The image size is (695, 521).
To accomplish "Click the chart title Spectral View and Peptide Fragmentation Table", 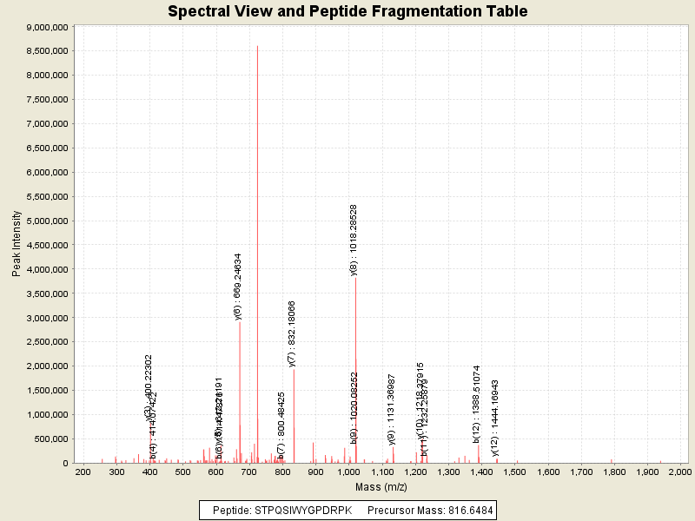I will coord(347,11).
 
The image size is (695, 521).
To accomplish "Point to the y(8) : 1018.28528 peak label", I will coord(354,240).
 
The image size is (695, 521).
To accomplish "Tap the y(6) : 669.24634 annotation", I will coord(238,287).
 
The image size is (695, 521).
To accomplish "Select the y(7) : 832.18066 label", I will coord(292,333).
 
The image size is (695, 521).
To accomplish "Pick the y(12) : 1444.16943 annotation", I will coord(495,418).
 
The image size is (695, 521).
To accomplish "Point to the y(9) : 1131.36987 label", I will coord(392,409).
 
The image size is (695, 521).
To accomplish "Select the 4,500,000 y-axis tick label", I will coord(46,245).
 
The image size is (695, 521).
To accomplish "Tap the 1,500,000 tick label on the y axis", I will coord(46,391).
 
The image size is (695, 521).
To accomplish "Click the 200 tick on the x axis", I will coord(83,472).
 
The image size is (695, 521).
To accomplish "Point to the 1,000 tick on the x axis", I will coord(348,472).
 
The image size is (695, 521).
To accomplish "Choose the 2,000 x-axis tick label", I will coord(681,472).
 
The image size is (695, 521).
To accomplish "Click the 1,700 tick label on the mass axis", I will coord(581,472).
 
